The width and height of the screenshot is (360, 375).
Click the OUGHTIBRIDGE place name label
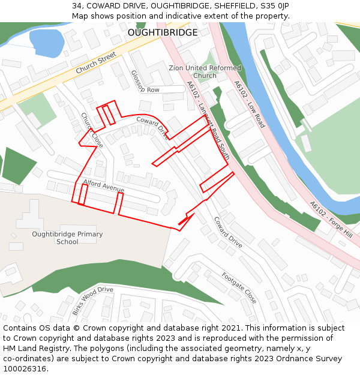[x=162, y=32]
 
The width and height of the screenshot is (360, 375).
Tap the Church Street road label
[x=95, y=63]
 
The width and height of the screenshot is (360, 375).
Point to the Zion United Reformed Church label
[x=205, y=72]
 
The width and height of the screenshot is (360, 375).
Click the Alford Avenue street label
[x=104, y=185]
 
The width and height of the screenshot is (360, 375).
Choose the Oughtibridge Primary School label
[x=67, y=238]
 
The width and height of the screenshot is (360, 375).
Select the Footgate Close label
[x=239, y=288]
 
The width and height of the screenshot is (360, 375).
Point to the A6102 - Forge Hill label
[x=331, y=218]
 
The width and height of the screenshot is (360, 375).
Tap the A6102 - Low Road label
[x=250, y=104]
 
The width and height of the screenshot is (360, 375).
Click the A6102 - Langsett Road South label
[x=208, y=120]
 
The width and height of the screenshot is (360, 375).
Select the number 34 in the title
[x=77, y=6]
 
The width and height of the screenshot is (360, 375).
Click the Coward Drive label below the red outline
[x=228, y=232]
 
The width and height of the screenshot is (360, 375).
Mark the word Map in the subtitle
[x=80, y=16]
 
